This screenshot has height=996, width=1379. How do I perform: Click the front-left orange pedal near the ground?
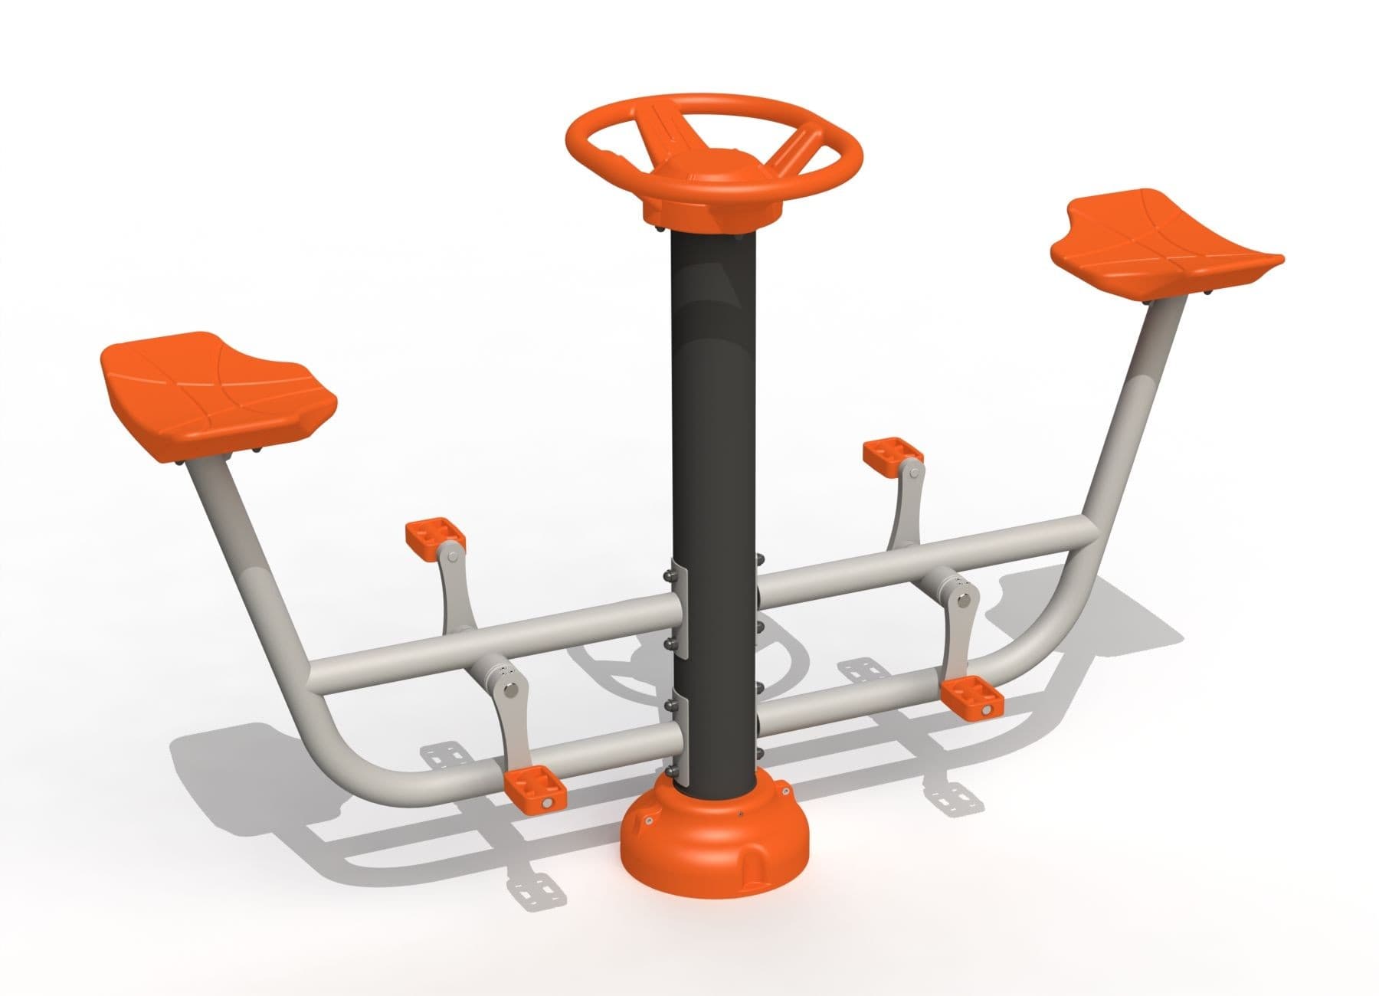[x=536, y=792]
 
